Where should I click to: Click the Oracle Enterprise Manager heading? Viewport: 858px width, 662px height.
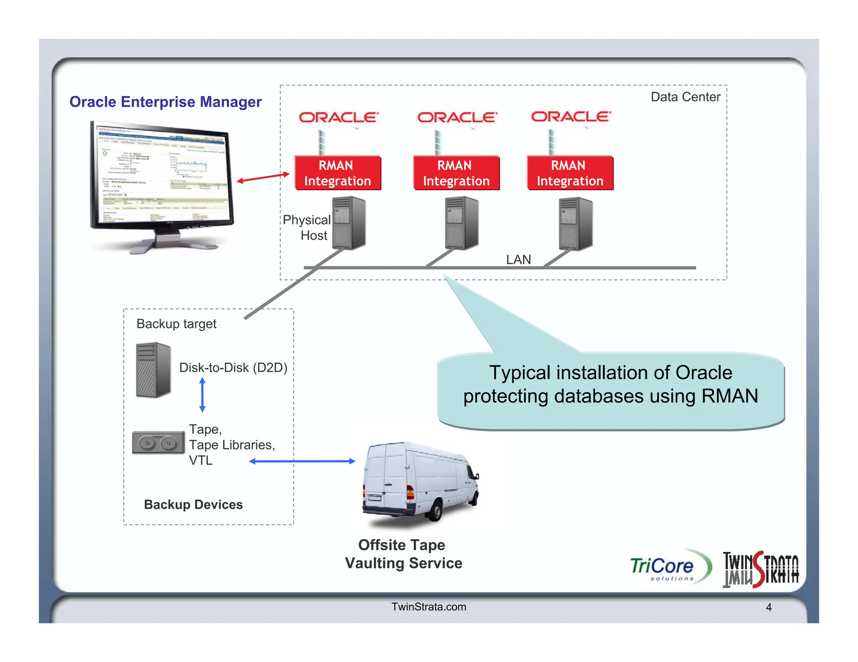pos(165,102)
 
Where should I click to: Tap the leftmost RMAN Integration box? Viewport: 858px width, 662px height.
pos(338,173)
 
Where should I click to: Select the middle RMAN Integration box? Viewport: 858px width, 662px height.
pos(456,173)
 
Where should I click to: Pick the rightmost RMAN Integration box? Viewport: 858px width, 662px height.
pos(570,173)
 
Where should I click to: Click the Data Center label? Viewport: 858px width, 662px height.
pos(685,97)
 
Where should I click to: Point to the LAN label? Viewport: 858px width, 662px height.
pos(518,259)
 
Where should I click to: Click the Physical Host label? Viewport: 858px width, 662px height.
pos(307,228)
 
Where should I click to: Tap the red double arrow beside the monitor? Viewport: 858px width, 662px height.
pos(263,177)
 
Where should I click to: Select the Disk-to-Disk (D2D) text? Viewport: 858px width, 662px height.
pos(233,367)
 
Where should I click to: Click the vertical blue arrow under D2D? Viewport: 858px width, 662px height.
pos(202,395)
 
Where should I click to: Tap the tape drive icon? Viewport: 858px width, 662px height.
pos(158,443)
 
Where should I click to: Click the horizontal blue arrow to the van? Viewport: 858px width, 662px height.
pos(302,461)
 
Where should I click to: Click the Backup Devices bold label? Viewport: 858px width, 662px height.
pos(193,505)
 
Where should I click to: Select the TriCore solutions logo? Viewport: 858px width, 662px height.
pos(670,567)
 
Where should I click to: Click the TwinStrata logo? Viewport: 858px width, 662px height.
pos(760,570)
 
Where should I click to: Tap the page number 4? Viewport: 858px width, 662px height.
pos(768,607)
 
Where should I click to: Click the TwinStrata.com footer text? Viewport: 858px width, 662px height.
pos(429,607)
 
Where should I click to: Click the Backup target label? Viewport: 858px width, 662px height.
pos(176,324)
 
